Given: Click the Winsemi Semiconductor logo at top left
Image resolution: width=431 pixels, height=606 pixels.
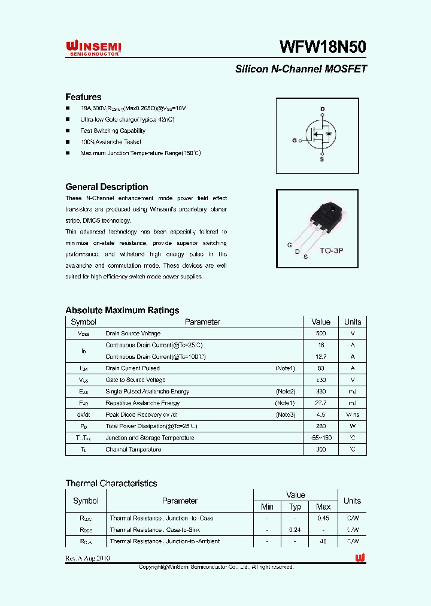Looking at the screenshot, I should point(93,48).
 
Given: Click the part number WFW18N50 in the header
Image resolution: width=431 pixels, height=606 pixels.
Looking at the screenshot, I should point(323,47).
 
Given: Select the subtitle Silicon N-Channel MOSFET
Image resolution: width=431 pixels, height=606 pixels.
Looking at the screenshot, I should point(301,69).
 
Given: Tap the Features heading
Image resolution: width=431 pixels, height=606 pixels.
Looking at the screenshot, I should point(83,97).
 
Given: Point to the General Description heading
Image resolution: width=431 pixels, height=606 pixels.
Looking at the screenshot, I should point(107,187).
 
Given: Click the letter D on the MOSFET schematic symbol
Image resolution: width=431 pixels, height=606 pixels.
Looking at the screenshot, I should point(322,109).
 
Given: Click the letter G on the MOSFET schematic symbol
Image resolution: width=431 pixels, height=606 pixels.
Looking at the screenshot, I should point(295,141).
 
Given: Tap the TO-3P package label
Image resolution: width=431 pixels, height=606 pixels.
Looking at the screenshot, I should point(331,252).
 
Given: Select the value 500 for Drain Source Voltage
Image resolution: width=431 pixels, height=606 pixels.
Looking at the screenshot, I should point(321,334).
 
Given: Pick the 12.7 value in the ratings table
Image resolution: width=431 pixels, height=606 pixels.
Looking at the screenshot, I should point(321,357).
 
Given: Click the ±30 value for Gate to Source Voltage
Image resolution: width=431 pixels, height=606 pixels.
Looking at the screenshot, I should point(321,380).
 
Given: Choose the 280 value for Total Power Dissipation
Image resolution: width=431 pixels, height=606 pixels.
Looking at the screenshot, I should point(321,426).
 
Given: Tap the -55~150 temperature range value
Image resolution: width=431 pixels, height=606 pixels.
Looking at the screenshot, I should point(321,438).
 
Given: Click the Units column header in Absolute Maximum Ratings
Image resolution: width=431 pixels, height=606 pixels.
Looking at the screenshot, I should point(353,322).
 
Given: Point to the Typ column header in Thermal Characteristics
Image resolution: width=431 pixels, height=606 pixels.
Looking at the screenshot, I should point(295,507).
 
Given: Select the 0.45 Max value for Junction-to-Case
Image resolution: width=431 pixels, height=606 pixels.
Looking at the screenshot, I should point(323,519).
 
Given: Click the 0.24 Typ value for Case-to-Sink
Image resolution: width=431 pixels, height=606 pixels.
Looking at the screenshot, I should point(295,530).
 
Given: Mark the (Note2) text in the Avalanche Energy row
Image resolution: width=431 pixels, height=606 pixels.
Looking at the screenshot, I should point(286,392).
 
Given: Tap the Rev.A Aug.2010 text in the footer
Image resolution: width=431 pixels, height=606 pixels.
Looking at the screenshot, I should point(87,558).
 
